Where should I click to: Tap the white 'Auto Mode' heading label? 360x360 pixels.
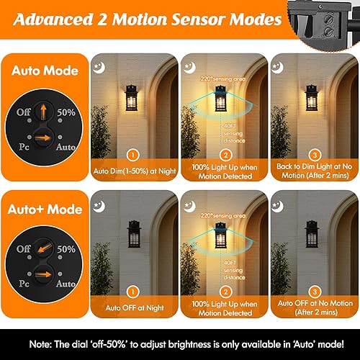45,71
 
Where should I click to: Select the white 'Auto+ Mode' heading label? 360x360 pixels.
45,210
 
